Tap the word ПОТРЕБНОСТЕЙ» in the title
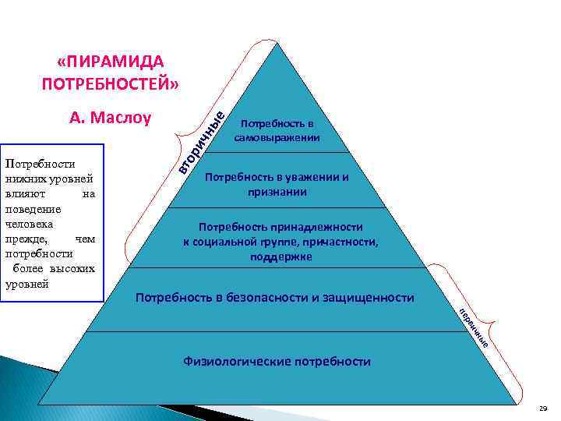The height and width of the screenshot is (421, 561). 110,83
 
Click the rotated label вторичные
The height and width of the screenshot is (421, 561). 201,141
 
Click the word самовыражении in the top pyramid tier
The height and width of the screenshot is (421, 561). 277,137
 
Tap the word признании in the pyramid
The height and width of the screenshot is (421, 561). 277,191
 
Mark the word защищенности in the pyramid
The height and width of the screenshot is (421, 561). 372,298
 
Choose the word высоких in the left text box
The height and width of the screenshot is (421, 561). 76,268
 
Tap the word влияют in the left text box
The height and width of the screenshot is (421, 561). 22,195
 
